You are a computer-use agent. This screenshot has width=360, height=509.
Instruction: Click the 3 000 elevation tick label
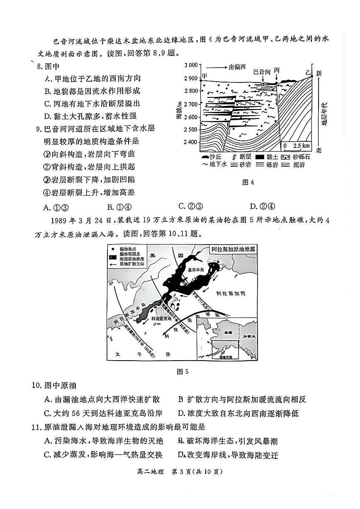191,65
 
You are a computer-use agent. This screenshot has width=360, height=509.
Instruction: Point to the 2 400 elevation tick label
191,142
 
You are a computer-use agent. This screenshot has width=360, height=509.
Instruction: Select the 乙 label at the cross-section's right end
308,72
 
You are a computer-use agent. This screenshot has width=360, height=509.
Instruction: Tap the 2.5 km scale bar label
301,146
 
